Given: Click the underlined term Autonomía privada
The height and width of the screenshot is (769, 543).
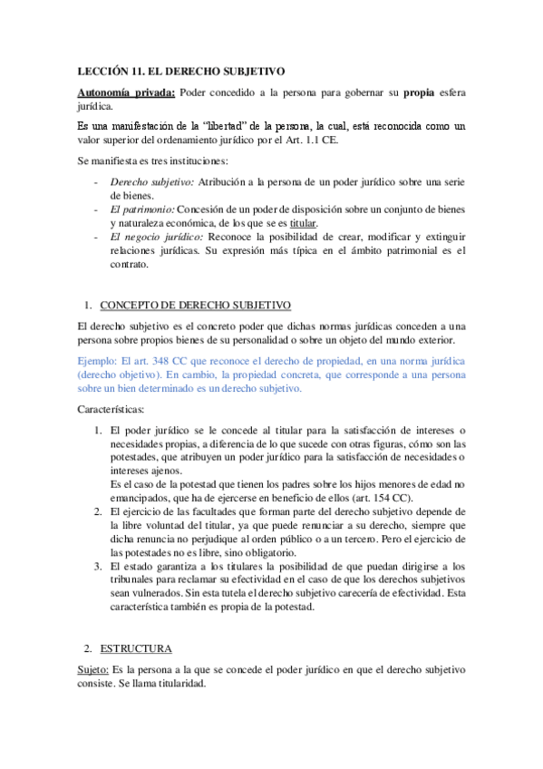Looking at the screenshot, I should pos(126,92).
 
